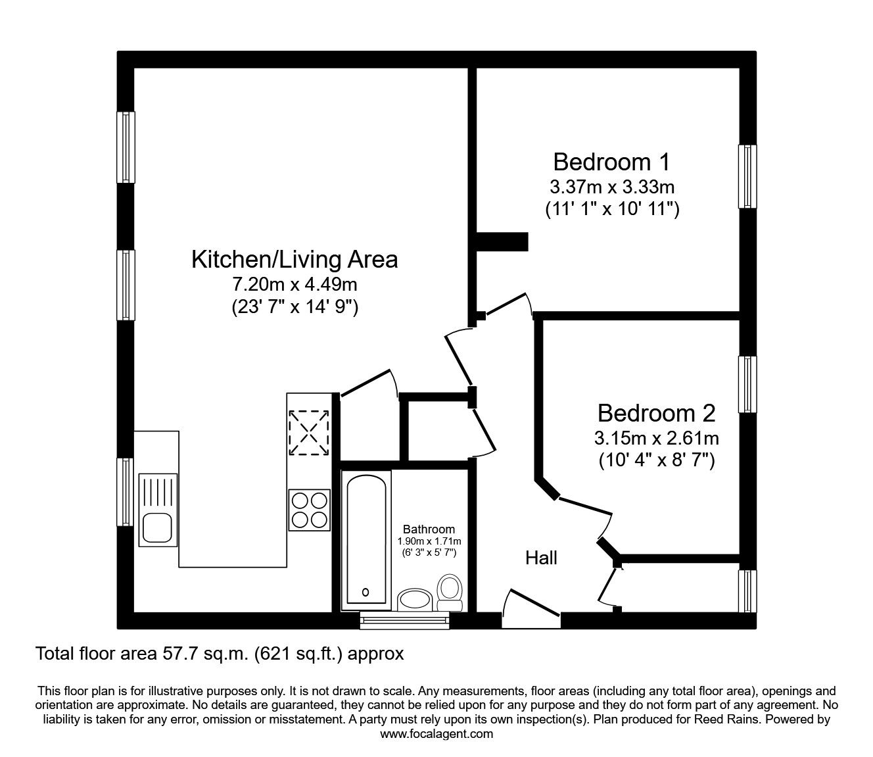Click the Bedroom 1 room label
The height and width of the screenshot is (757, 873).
[611, 162]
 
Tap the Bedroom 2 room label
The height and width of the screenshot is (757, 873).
[656, 413]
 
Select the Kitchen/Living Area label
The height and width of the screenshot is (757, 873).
[295, 259]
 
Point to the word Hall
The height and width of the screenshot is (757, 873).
[541, 558]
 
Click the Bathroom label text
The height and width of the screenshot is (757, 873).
[429, 529]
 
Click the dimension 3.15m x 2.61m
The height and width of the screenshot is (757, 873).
[656, 437]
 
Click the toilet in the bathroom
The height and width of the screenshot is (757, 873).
[450, 592]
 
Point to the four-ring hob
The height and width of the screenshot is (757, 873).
[309, 509]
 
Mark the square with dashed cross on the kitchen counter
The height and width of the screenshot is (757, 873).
[308, 432]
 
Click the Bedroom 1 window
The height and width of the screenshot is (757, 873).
[747, 176]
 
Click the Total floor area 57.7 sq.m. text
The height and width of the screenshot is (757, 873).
[219, 654]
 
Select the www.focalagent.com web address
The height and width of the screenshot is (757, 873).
[436, 734]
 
